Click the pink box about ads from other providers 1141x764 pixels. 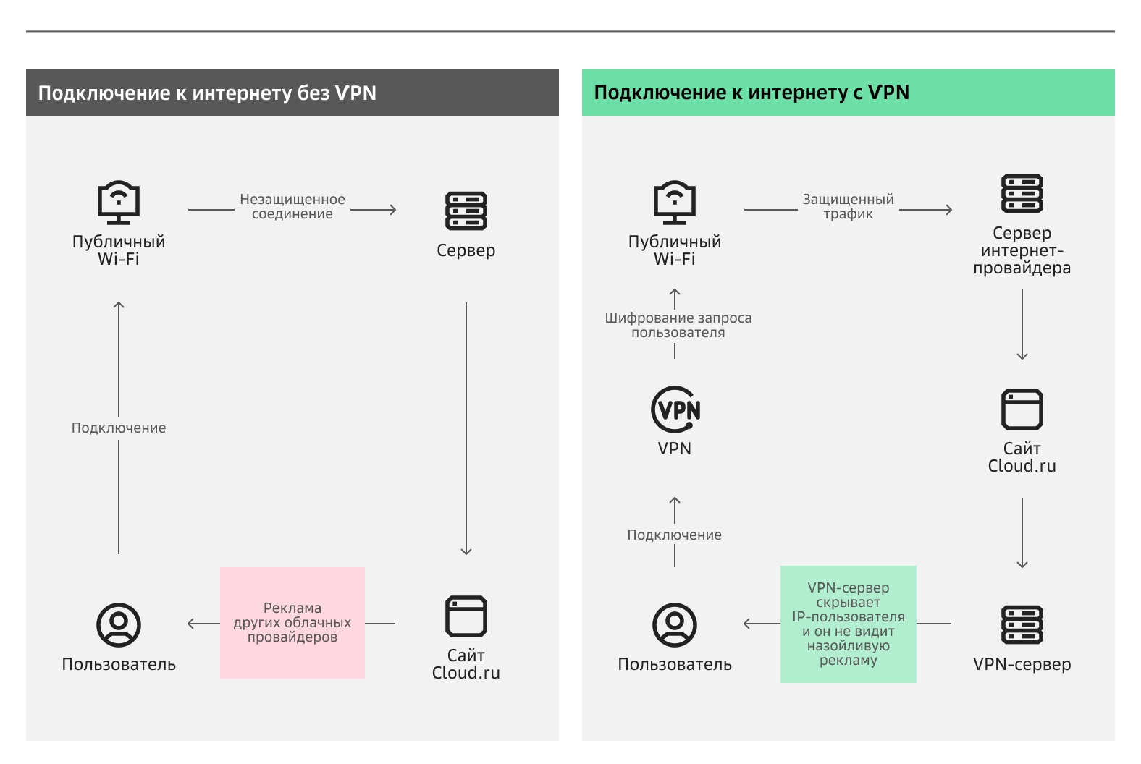[x=292, y=623]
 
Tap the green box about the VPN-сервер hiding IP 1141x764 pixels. [x=848, y=624]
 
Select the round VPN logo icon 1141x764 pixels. [x=675, y=409]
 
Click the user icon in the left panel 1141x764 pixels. [x=119, y=624]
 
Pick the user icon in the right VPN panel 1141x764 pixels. [x=675, y=624]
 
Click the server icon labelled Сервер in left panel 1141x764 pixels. [x=466, y=211]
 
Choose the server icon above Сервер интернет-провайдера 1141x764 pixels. [x=1022, y=193]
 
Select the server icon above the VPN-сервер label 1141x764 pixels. [x=1022, y=624]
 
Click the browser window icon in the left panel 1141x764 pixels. [x=466, y=616]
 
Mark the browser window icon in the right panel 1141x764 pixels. [x=1022, y=409]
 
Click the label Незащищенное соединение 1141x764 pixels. [x=292, y=206]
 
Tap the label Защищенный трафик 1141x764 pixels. [x=848, y=206]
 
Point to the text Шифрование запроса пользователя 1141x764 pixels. [x=678, y=325]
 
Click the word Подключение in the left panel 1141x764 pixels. [x=119, y=428]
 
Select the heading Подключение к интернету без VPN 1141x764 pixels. [x=207, y=93]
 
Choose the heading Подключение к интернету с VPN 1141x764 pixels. [x=751, y=93]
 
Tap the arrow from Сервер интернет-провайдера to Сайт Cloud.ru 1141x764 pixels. [x=1022, y=324]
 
